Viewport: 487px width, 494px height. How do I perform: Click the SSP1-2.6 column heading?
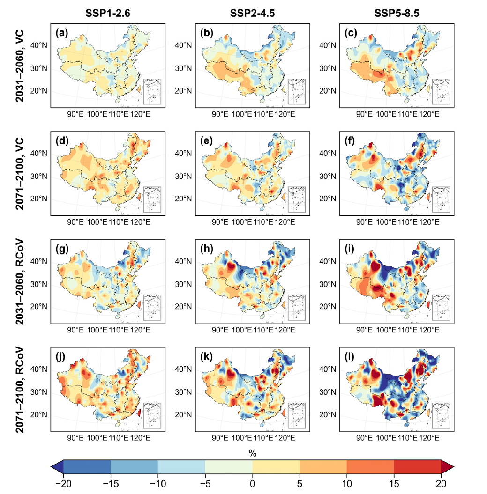click(x=107, y=14)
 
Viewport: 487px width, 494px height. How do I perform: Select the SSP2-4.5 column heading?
click(x=252, y=14)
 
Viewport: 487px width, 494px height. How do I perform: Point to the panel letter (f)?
click(x=350, y=141)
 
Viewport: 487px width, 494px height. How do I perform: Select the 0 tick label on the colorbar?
click(x=252, y=482)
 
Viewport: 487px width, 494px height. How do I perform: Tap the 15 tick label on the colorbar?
click(x=394, y=482)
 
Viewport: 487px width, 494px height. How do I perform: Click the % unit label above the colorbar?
click(x=252, y=453)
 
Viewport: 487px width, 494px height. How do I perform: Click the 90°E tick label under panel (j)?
click(x=75, y=438)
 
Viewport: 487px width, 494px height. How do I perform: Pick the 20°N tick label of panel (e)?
click(x=183, y=199)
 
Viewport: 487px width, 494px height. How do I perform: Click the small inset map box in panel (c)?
click(x=441, y=92)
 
